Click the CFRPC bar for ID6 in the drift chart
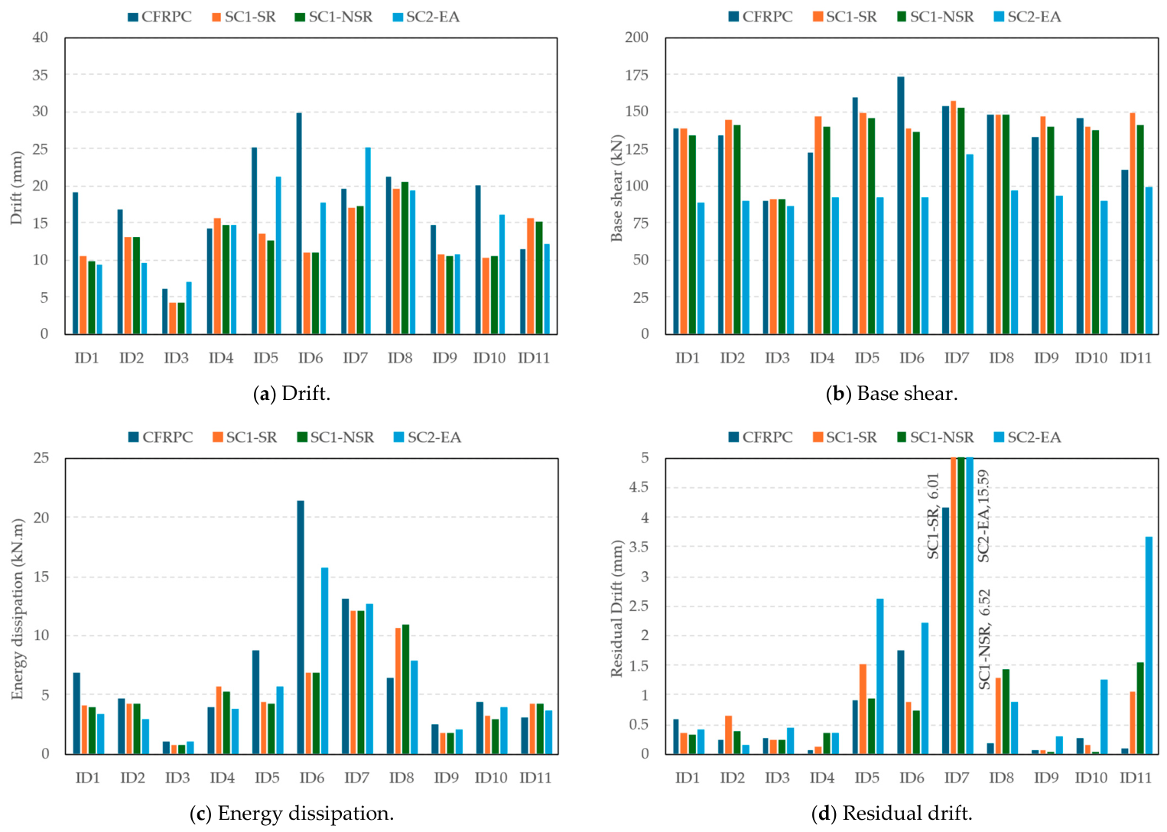(300, 223)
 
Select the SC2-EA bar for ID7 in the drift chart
(368, 241)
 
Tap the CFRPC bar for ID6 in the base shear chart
(901, 205)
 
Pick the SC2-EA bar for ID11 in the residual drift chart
(1149, 645)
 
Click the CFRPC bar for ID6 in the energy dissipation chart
(301, 627)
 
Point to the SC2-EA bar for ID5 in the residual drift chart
(880, 676)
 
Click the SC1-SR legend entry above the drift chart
(244, 17)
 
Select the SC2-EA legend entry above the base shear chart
(1027, 17)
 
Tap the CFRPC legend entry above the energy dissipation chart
(161, 437)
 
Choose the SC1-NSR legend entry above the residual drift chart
(935, 437)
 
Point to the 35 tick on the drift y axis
(40, 74)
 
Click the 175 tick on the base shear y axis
(636, 74)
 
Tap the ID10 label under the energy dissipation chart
(490, 778)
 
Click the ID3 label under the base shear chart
(777, 358)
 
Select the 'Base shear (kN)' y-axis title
(617, 188)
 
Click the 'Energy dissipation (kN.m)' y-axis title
(18, 609)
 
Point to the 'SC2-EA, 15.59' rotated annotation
(983, 515)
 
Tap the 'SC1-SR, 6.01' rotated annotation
(932, 515)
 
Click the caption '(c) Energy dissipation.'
(292, 813)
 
